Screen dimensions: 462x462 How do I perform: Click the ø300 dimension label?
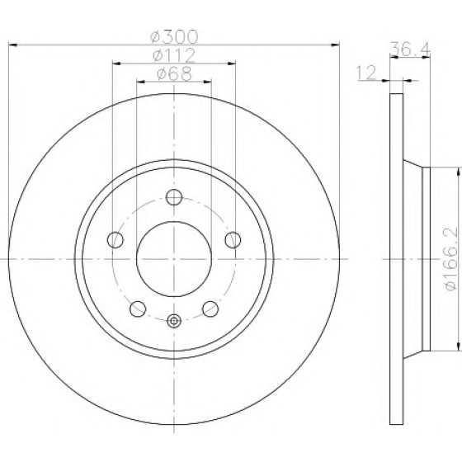(174, 36)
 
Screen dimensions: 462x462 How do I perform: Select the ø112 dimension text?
(174, 55)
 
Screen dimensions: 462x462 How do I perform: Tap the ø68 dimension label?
(174, 73)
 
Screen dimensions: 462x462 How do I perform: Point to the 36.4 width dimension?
(410, 49)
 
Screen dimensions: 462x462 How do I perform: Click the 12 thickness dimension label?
(366, 73)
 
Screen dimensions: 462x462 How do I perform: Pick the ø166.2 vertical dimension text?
(450, 259)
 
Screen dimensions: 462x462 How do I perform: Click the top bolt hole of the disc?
(174, 197)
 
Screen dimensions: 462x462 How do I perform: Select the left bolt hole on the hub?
(115, 239)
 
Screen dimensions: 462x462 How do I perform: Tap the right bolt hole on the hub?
(233, 239)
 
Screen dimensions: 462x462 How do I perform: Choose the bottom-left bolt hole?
(138, 309)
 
